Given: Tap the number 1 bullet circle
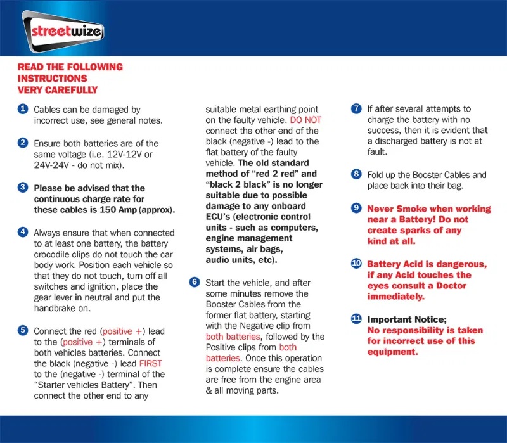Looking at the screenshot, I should click(23, 109).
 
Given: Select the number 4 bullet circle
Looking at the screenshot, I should click(23, 232).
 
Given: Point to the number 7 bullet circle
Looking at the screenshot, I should click(356, 109).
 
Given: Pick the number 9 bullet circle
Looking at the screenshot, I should click(356, 208).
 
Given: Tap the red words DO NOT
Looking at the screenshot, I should click(305, 120).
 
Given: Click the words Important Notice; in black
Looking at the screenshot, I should click(407, 319).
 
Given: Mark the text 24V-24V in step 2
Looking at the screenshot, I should click(54, 165).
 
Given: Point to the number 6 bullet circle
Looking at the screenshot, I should click(195, 281).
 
